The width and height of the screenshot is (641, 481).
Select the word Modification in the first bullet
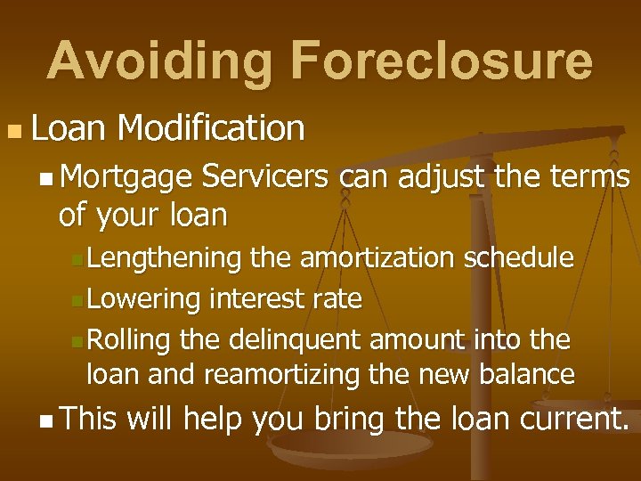pos(210,128)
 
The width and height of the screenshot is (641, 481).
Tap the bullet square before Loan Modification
pos(12,132)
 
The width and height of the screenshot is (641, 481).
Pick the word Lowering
pos(144,299)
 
